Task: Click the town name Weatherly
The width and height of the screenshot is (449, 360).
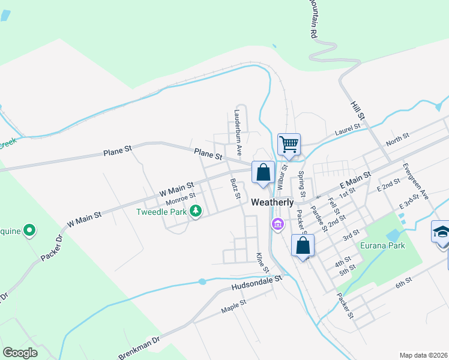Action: [273, 202]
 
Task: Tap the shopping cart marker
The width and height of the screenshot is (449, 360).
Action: [289, 144]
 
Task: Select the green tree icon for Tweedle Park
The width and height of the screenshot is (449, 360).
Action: [195, 211]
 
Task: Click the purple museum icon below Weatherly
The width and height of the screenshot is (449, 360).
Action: [277, 225]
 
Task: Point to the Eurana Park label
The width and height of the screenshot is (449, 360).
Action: [382, 245]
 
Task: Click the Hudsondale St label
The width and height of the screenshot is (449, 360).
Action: [256, 284]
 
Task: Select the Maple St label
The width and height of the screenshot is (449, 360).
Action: [234, 307]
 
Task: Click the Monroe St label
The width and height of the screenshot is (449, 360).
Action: [180, 197]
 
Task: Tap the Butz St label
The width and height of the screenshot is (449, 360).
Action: [235, 188]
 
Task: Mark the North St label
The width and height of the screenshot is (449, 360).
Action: [397, 139]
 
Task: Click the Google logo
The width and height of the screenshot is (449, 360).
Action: [20, 353]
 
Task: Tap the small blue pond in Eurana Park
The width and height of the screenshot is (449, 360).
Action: [393, 234]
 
